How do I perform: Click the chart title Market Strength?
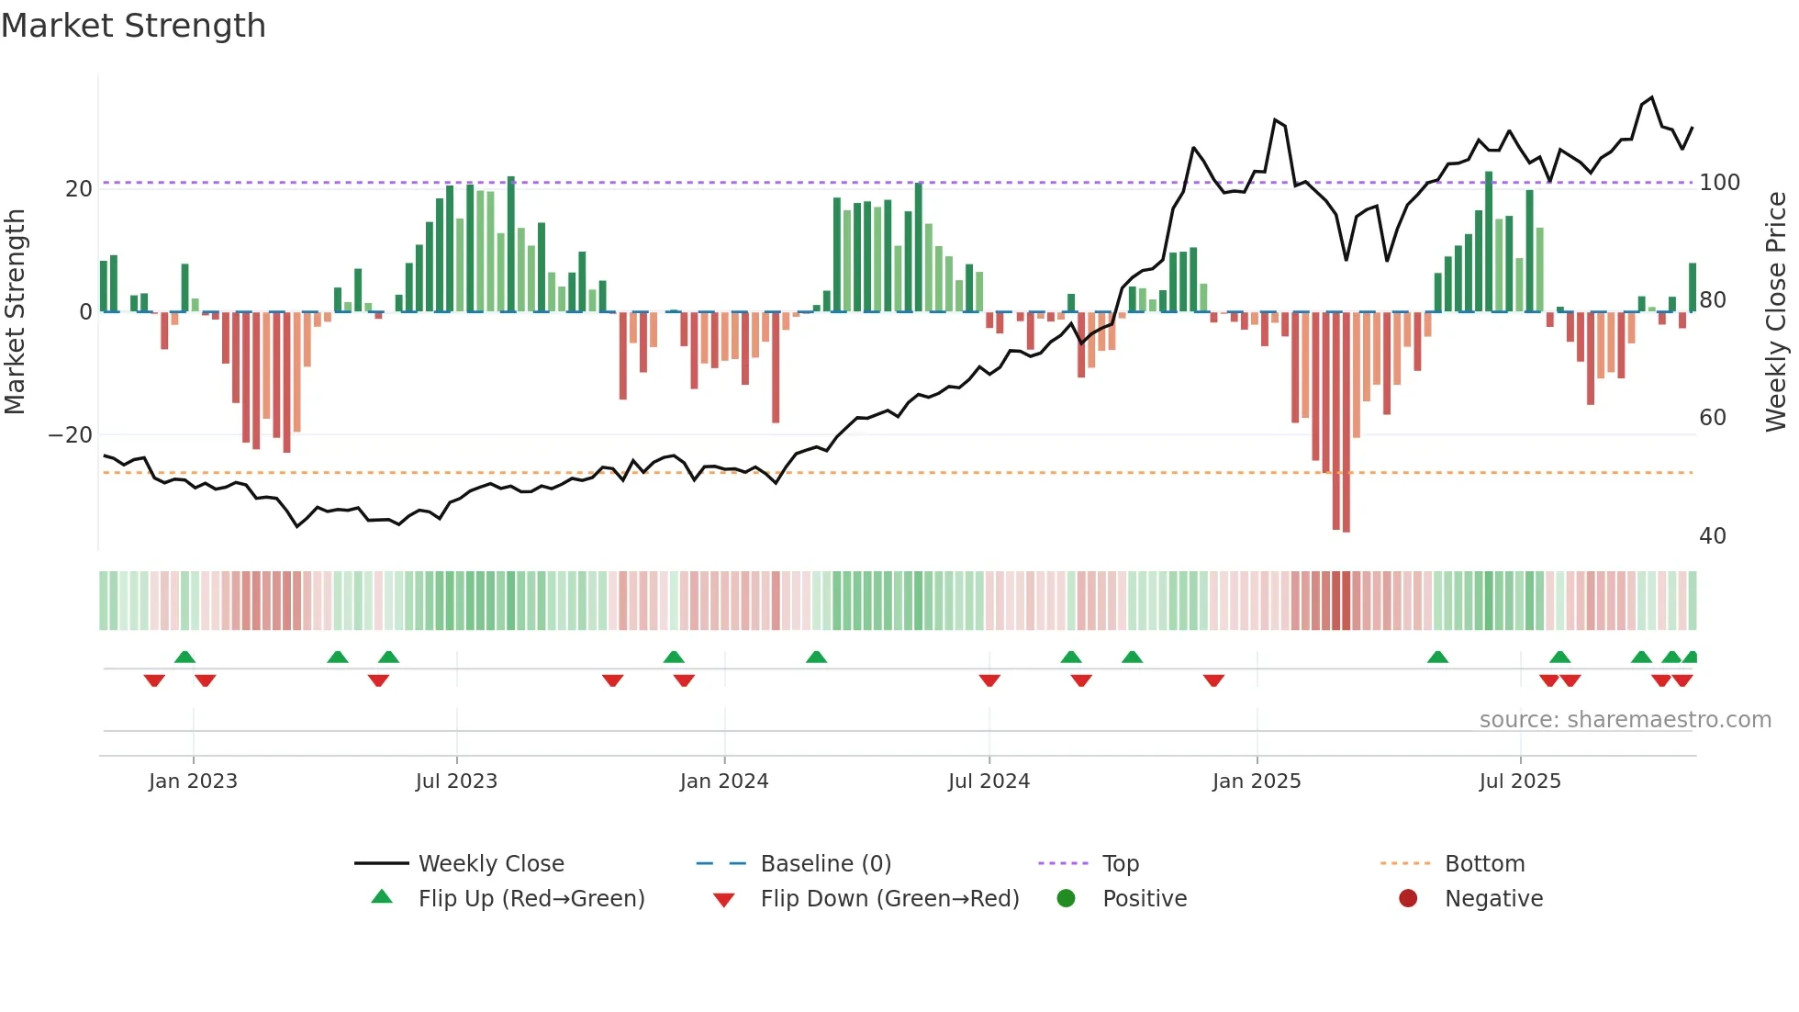pyautogui.click(x=133, y=26)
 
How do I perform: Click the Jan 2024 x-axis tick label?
pyautogui.click(x=723, y=781)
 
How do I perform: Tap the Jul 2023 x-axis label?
pyautogui.click(x=456, y=781)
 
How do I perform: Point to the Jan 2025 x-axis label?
pyautogui.click(x=1256, y=781)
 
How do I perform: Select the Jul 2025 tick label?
pyautogui.click(x=1519, y=781)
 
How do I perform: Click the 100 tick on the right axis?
pyautogui.click(x=1719, y=183)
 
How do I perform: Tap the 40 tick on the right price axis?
pyautogui.click(x=1712, y=536)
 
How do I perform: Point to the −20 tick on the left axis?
pyautogui.click(x=70, y=435)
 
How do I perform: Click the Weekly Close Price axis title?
pyautogui.click(x=1776, y=312)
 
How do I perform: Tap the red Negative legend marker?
pyautogui.click(x=1407, y=899)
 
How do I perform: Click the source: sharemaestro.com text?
pyautogui.click(x=1625, y=720)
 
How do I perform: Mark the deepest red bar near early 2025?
pyautogui.click(x=1346, y=422)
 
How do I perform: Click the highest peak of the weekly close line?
pyautogui.click(x=1651, y=97)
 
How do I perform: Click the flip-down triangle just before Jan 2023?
pyautogui.click(x=154, y=680)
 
